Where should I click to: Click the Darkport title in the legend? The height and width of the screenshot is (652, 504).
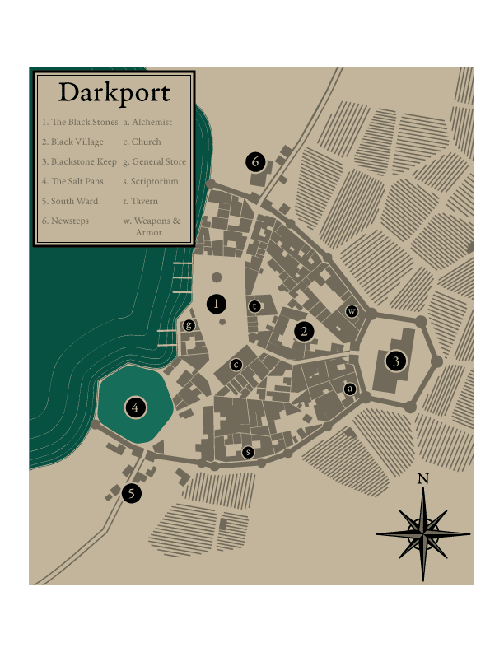114,92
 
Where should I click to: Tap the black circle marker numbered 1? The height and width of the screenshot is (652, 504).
217,304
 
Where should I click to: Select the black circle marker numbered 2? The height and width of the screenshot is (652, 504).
305,331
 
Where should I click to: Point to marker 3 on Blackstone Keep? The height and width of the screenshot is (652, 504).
396,361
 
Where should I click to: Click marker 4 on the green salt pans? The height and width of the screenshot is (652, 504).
135,406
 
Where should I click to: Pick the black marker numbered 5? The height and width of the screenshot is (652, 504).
131,493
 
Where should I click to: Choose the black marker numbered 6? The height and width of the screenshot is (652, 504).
255,161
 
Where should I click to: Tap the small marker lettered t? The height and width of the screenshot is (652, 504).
254,306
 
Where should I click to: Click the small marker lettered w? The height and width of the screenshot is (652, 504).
352,311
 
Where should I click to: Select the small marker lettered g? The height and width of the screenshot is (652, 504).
189,326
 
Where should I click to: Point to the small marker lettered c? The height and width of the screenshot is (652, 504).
236,365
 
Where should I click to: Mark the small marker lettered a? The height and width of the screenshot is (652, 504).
349,388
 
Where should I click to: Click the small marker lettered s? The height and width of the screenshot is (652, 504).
248,452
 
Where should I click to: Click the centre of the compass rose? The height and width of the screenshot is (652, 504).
423,534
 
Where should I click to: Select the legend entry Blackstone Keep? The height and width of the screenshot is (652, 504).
79,161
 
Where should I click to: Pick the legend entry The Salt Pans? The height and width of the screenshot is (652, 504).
73,181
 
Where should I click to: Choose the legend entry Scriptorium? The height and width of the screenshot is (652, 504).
151,181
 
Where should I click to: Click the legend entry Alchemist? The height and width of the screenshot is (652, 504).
147,122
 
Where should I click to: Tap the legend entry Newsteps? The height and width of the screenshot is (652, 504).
65,221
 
